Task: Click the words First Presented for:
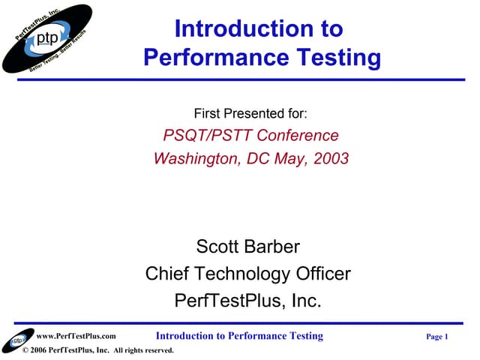250,114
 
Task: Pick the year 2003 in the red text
327,158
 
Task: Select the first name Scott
218,246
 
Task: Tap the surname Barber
272,246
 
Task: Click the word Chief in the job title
168,274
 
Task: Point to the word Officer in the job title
320,274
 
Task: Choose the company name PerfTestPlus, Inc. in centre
247,301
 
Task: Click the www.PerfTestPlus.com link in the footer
76,337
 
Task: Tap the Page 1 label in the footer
436,337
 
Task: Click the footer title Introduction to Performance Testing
239,336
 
